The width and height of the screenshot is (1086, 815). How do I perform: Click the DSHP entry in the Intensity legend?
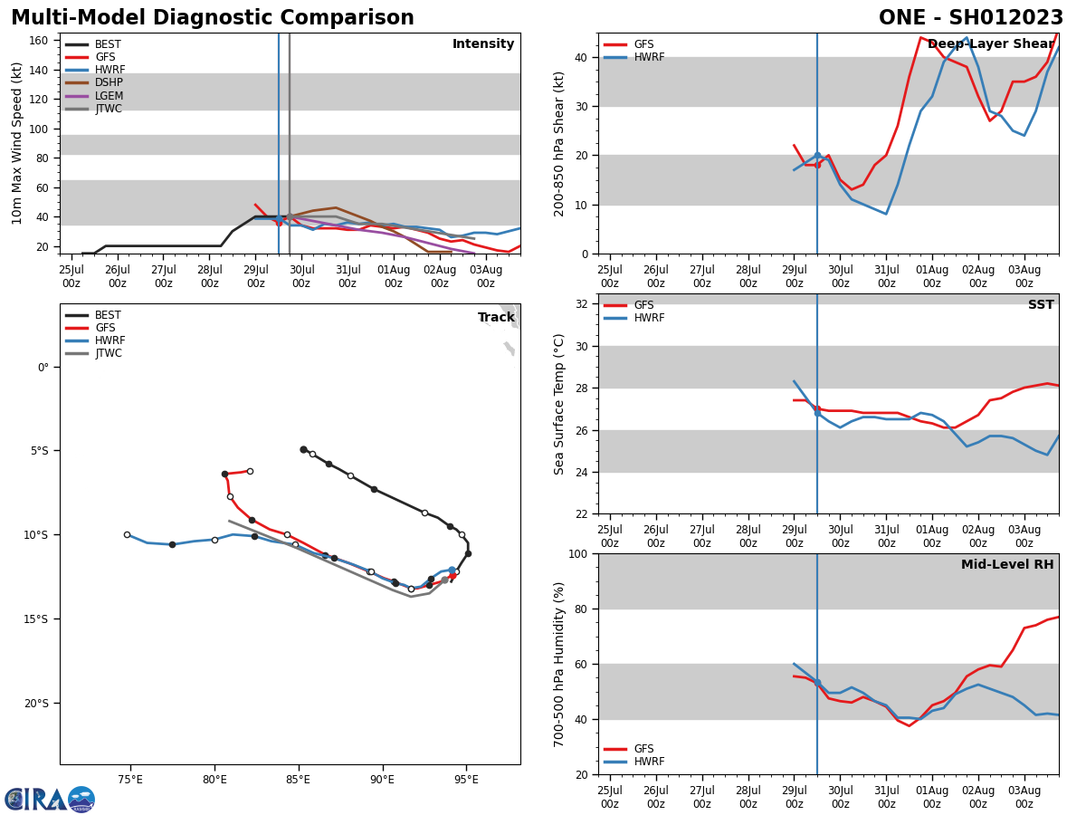[109, 83]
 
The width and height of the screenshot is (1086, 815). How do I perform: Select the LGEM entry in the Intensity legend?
[109, 96]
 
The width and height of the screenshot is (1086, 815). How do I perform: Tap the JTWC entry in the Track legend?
[108, 353]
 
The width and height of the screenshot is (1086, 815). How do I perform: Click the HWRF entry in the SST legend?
[649, 318]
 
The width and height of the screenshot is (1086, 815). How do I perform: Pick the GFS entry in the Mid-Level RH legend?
[643, 749]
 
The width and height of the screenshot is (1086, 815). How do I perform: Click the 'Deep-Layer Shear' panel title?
[991, 44]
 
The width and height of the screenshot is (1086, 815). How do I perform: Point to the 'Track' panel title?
[496, 318]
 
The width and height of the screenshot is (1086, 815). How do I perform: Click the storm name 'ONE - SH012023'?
[970, 18]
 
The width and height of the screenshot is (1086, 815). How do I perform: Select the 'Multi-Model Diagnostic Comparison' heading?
[213, 18]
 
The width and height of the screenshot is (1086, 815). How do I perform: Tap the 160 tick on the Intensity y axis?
[38, 41]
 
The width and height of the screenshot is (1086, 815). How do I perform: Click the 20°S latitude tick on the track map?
[36, 703]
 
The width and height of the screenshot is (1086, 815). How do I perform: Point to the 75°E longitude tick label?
[130, 780]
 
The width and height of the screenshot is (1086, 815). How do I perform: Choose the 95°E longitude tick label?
[466, 780]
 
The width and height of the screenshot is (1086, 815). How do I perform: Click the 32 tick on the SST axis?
[581, 304]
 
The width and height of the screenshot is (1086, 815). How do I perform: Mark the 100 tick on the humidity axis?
[577, 553]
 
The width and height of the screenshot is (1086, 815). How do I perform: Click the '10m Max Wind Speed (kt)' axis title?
[17, 143]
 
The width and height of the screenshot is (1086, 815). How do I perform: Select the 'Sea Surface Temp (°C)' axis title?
[560, 404]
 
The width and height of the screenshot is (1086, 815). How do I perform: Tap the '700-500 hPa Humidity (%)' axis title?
[560, 664]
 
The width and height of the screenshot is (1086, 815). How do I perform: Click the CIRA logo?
[50, 800]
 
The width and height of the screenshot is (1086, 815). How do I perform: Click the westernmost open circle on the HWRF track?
[127, 534]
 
